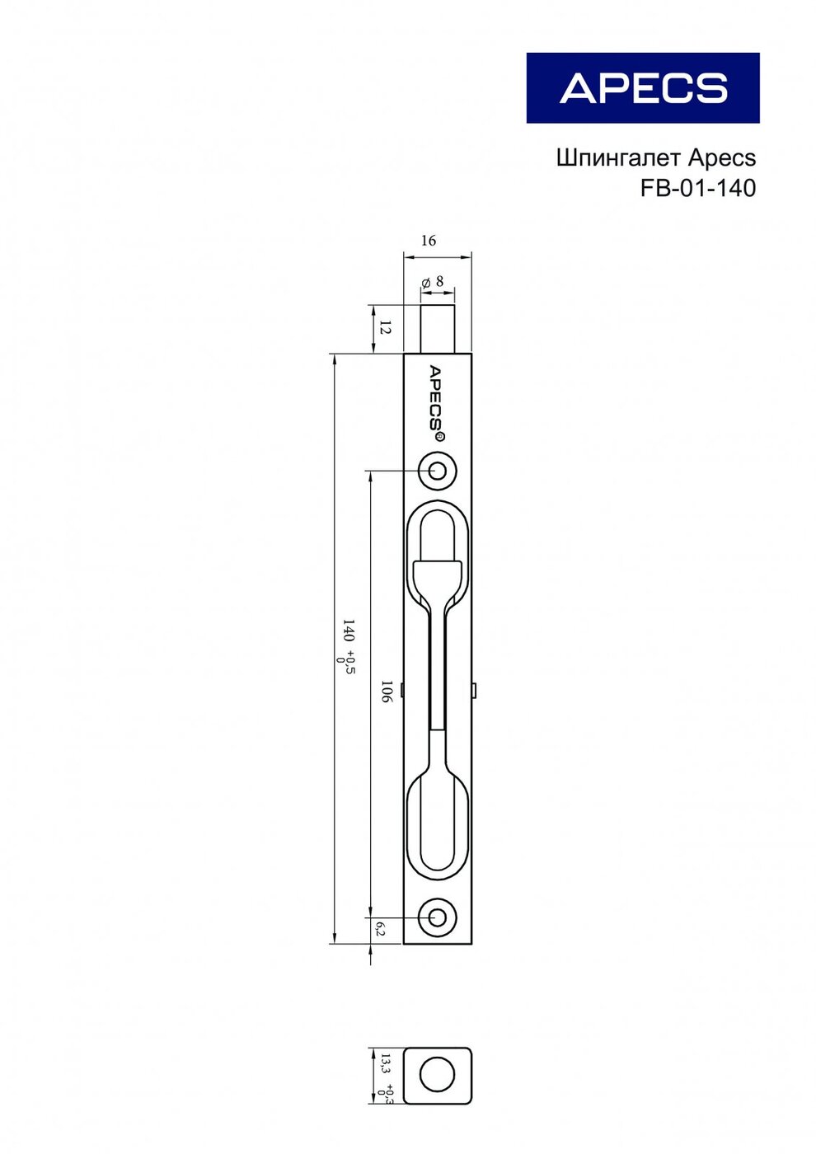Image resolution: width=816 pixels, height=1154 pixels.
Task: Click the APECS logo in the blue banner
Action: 643,88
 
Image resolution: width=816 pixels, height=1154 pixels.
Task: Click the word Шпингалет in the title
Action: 618,158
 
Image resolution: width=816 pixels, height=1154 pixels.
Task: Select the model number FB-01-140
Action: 698,189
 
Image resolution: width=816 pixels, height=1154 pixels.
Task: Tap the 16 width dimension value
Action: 428,240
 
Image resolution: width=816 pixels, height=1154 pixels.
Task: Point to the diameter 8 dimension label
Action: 432,281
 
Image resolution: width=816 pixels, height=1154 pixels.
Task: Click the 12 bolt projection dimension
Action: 385,326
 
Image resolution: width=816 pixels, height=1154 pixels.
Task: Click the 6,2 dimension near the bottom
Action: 380,929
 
